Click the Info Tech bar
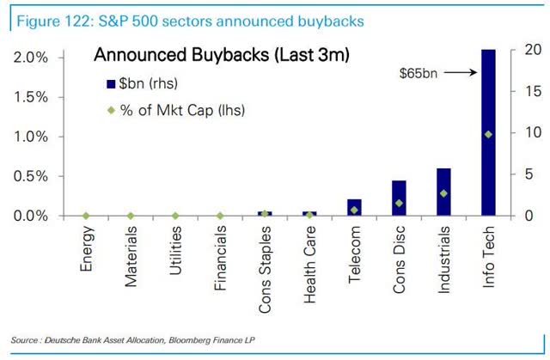[488, 132]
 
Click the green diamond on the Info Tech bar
[488, 134]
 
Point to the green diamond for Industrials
[443, 193]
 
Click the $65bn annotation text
[418, 75]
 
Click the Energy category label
[87, 249]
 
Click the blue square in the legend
[109, 84]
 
